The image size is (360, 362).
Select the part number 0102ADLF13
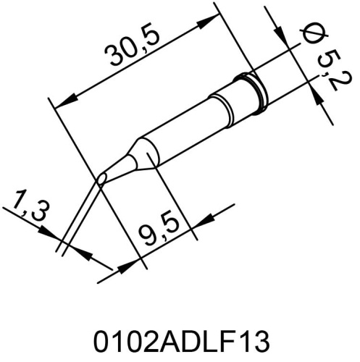click(181, 340)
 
